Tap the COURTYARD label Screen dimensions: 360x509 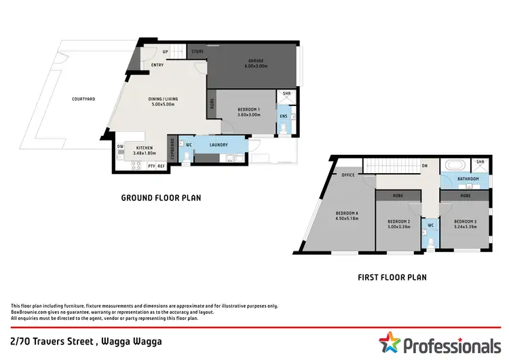[x=83, y=99]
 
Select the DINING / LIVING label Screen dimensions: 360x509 [x=162, y=99]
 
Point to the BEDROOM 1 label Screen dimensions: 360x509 [x=249, y=109]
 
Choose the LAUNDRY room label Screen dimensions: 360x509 [x=218, y=144]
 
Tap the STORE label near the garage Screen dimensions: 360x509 [x=197, y=52]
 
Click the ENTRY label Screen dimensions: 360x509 [x=157, y=65]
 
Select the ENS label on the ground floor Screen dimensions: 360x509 [x=283, y=116]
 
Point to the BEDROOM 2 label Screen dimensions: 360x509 [x=398, y=221]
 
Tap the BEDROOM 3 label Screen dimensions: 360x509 [x=465, y=221]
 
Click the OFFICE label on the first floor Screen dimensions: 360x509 [x=349, y=175]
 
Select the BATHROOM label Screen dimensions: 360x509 [x=468, y=179]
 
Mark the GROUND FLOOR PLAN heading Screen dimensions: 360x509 [x=161, y=198]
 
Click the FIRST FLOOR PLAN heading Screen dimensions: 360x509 [x=392, y=277]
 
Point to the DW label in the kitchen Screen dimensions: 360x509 [x=120, y=146]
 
